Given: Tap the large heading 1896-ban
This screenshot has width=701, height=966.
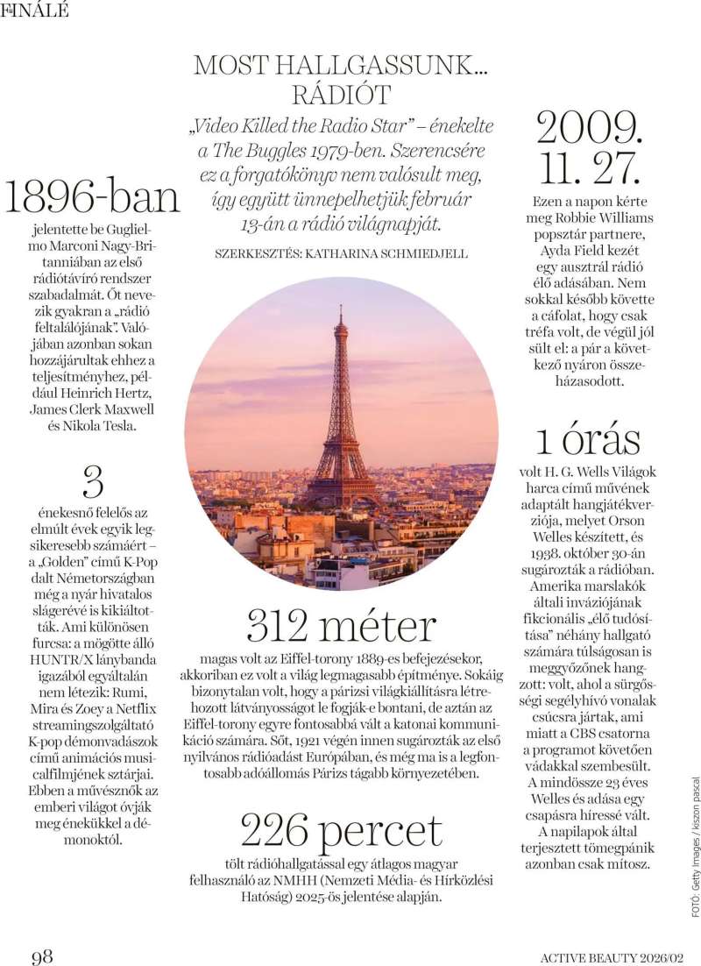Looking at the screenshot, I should click(92, 197).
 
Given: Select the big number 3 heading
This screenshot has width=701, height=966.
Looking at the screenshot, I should click(93, 483).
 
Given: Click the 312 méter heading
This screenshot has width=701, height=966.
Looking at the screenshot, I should click(341, 626).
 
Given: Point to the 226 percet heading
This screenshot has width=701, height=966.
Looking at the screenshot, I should click(341, 831).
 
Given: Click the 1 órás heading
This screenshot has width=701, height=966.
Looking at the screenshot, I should click(590, 439).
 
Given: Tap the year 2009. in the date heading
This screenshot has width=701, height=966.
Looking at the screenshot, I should click(590, 128).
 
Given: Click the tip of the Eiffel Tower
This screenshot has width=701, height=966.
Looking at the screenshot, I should click(341, 309).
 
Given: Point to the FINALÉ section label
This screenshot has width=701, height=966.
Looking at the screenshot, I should click(35, 11).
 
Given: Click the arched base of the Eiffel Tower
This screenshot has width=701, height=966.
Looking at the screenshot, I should click(341, 491).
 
